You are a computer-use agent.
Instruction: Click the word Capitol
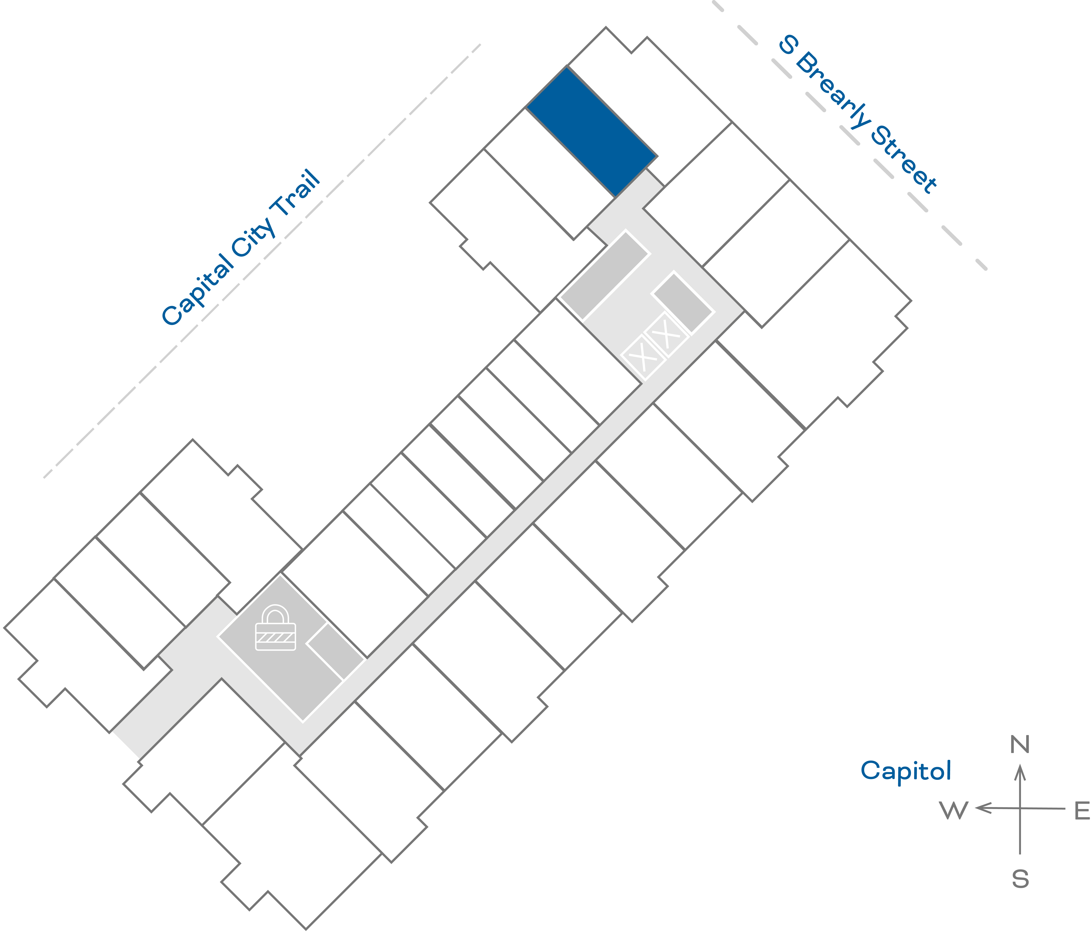coord(906,771)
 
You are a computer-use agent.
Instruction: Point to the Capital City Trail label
coord(241,247)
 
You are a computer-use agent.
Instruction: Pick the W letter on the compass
coord(954,811)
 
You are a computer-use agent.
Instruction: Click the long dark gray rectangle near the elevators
coord(604,275)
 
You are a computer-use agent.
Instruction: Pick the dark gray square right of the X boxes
coord(683,303)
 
